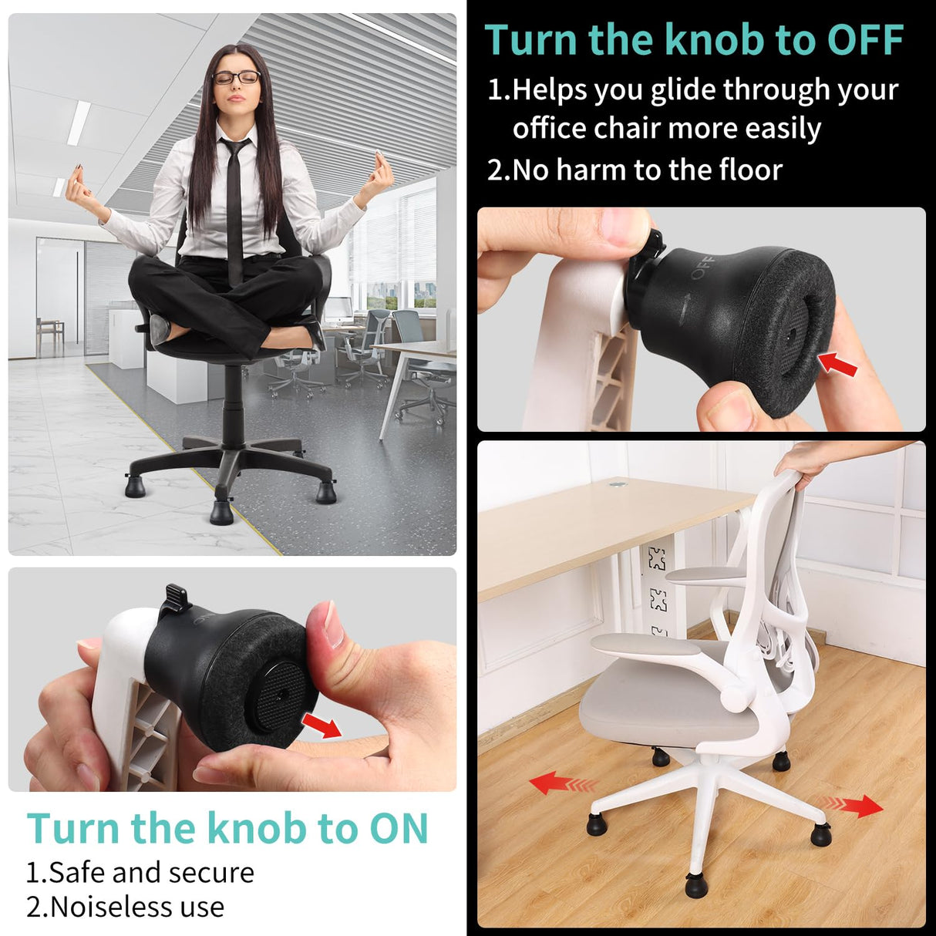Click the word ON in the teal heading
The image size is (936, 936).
(398, 829)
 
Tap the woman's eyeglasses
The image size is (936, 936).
(236, 77)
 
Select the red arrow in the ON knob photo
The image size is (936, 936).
(322, 725)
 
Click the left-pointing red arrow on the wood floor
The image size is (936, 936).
(562, 785)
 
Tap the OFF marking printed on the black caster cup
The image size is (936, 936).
(702, 267)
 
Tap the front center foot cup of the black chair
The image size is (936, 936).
(221, 511)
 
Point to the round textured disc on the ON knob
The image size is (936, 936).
(280, 696)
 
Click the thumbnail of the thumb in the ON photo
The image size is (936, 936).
(332, 625)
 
